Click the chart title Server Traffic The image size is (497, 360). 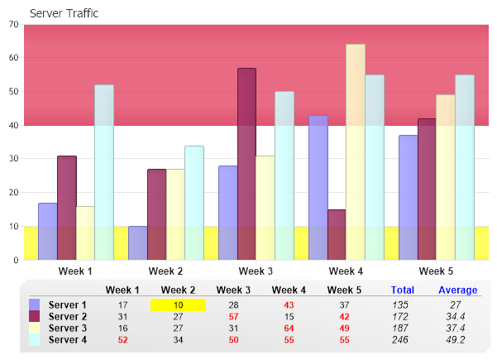64,13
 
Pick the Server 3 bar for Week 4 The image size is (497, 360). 356,152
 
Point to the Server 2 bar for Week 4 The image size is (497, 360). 337,235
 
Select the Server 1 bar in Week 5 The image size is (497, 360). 408,198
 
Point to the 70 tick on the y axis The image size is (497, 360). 14,25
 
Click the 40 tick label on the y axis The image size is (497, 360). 14,126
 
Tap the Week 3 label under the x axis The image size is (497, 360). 256,271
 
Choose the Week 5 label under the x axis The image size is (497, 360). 436,271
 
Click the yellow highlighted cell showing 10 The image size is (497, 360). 178,305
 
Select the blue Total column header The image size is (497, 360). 402,290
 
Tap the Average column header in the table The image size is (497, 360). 457,290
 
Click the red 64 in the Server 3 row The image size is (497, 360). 289,328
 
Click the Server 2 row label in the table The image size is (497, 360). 68,316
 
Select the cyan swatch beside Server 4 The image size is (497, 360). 35,339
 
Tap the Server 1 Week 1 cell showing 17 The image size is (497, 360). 122,305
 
